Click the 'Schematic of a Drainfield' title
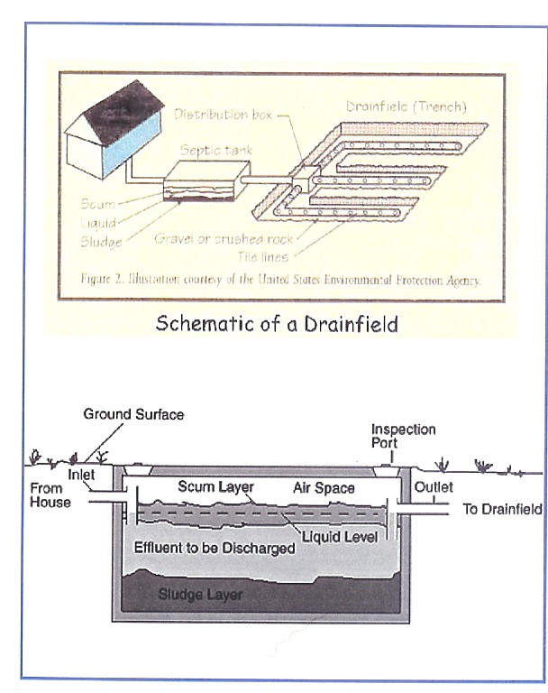(276, 324)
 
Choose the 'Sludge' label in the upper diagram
(100, 241)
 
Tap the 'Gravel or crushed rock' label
(224, 239)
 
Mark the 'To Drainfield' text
(501, 509)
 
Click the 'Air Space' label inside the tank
(324, 488)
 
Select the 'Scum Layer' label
(215, 487)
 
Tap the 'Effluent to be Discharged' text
(215, 548)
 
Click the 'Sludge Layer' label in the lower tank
(200, 596)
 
